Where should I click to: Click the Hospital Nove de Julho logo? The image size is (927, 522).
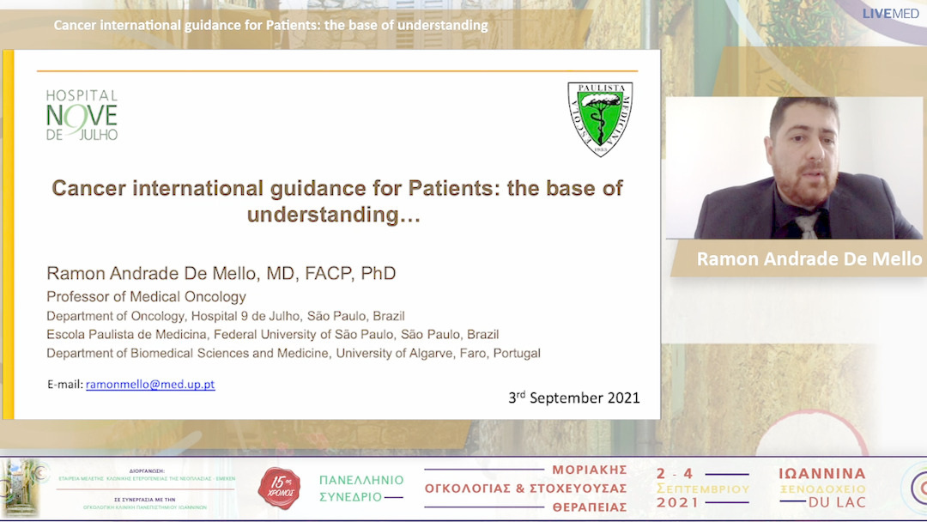tap(82, 115)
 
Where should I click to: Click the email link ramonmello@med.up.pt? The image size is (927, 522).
tap(150, 385)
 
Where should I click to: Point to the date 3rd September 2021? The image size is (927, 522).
tap(573, 398)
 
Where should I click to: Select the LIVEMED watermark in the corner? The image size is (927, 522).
tap(890, 13)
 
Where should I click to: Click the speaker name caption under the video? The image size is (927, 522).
tap(809, 258)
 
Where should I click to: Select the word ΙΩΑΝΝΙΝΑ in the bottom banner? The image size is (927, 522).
tap(821, 474)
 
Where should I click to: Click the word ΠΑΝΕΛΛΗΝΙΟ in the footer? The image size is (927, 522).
tap(360, 480)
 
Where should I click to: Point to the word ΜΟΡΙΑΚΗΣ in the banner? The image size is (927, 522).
tap(589, 470)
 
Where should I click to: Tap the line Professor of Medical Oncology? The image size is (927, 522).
tap(146, 297)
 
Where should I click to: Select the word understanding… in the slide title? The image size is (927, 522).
tap(334, 215)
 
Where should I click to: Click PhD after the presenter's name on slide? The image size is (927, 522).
tap(378, 274)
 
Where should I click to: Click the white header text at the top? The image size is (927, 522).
tap(270, 25)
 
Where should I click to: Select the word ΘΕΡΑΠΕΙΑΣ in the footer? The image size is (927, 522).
tap(589, 507)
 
